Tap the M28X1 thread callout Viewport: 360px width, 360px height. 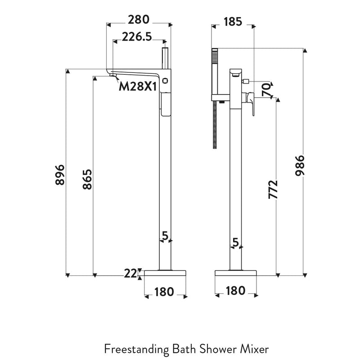tap(138, 86)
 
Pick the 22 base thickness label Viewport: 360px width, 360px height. tap(130, 273)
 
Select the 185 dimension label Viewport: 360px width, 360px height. tap(232, 21)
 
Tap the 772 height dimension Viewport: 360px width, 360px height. tap(273, 189)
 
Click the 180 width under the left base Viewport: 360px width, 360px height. tap(164, 292)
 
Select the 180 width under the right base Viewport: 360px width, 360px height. tap(235, 291)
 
